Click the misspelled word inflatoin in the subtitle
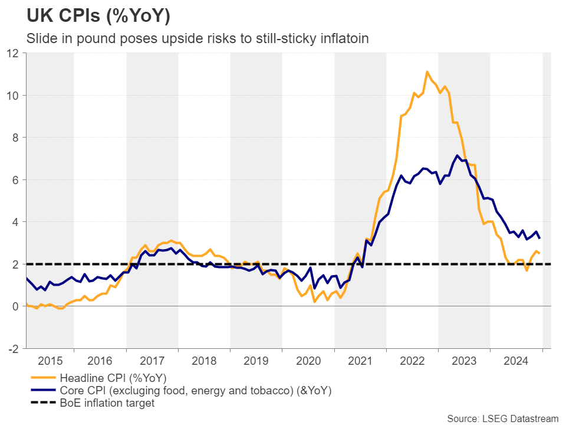[344, 39]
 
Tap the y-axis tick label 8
[17, 138]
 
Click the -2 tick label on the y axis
[14, 348]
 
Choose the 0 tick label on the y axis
[17, 306]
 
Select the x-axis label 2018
[204, 359]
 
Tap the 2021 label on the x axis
[360, 359]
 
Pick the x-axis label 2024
[516, 359]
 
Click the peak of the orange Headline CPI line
[427, 71]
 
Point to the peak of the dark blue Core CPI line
[458, 155]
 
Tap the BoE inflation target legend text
[107, 404]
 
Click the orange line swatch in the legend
[41, 378]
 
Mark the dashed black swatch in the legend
[41, 404]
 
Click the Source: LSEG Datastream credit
[502, 419]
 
